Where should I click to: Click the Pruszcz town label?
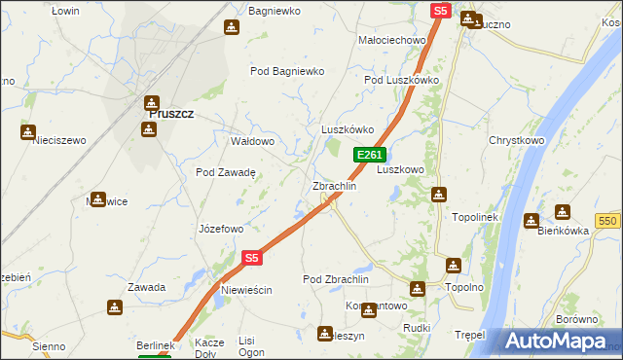click(170, 114)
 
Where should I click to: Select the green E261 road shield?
click(370, 155)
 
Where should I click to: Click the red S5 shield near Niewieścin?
click(252, 258)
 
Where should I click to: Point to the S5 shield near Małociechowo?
click(440, 11)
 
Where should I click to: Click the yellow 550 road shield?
click(609, 222)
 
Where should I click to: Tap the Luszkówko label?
click(348, 129)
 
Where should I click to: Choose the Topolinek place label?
click(475, 217)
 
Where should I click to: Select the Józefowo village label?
click(220, 230)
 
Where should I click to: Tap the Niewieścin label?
click(245, 291)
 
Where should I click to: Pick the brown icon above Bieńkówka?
click(563, 212)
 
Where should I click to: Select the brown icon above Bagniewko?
click(232, 27)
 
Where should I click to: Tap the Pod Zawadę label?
click(225, 172)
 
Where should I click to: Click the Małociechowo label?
click(393, 40)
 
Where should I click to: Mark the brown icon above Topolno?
click(453, 265)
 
